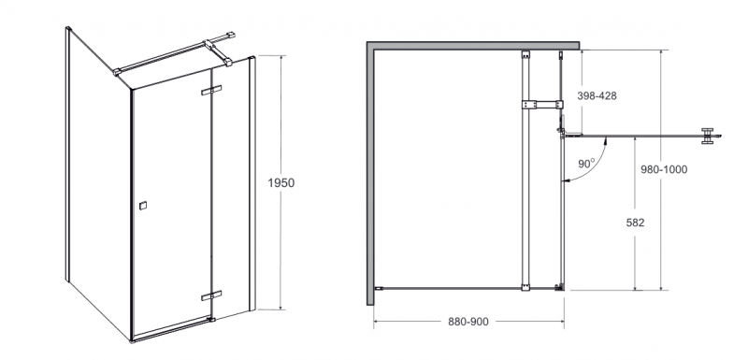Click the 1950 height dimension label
coord(281,183)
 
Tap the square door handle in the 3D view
coord(142,203)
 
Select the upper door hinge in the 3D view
coord(211,91)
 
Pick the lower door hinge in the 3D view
coord(209,295)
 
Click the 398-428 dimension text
coord(597,96)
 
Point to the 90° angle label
coord(586,163)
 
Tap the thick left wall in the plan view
coord(370,173)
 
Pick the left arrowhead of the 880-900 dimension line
coord(377,322)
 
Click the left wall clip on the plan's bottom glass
coord(378,288)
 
